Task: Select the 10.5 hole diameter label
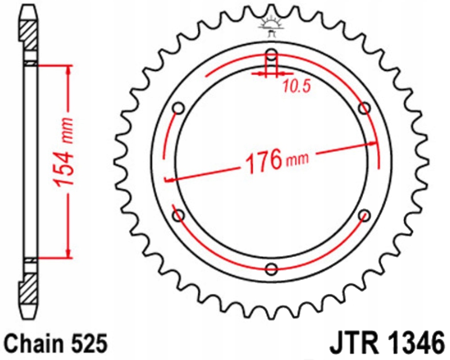(296, 86)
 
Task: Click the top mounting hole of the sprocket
(271, 54)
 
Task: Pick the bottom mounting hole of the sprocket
(271, 270)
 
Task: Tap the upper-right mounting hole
(364, 108)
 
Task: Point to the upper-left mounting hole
(178, 109)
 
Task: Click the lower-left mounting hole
(178, 216)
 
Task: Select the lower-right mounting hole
(364, 216)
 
